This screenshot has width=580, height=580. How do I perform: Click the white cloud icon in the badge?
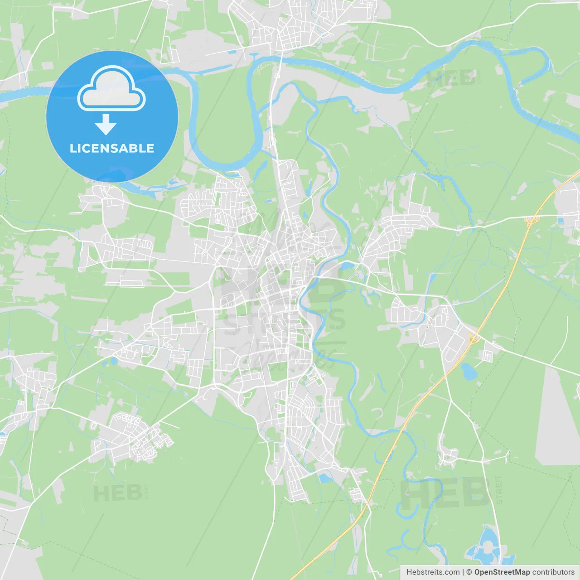coord(111,89)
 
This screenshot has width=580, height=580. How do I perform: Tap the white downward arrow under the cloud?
coord(106,125)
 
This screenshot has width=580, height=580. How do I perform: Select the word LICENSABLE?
coord(112,148)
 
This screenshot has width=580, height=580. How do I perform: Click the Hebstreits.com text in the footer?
coord(433,572)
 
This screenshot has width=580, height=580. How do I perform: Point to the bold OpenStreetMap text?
coord(502,572)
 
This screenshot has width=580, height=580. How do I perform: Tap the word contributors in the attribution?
coord(553,572)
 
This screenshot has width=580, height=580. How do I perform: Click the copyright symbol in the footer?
coord(469,572)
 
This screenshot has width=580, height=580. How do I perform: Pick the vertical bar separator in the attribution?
coord(463,572)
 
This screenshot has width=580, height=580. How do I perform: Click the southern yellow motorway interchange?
coord(474,337)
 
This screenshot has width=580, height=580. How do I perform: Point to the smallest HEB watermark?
coord(118,493)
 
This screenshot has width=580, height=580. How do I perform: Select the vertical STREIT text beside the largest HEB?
coord(499,490)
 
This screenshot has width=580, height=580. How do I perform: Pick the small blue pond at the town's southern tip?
coord(325,478)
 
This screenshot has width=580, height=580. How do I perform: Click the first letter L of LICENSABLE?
coord(72,148)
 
